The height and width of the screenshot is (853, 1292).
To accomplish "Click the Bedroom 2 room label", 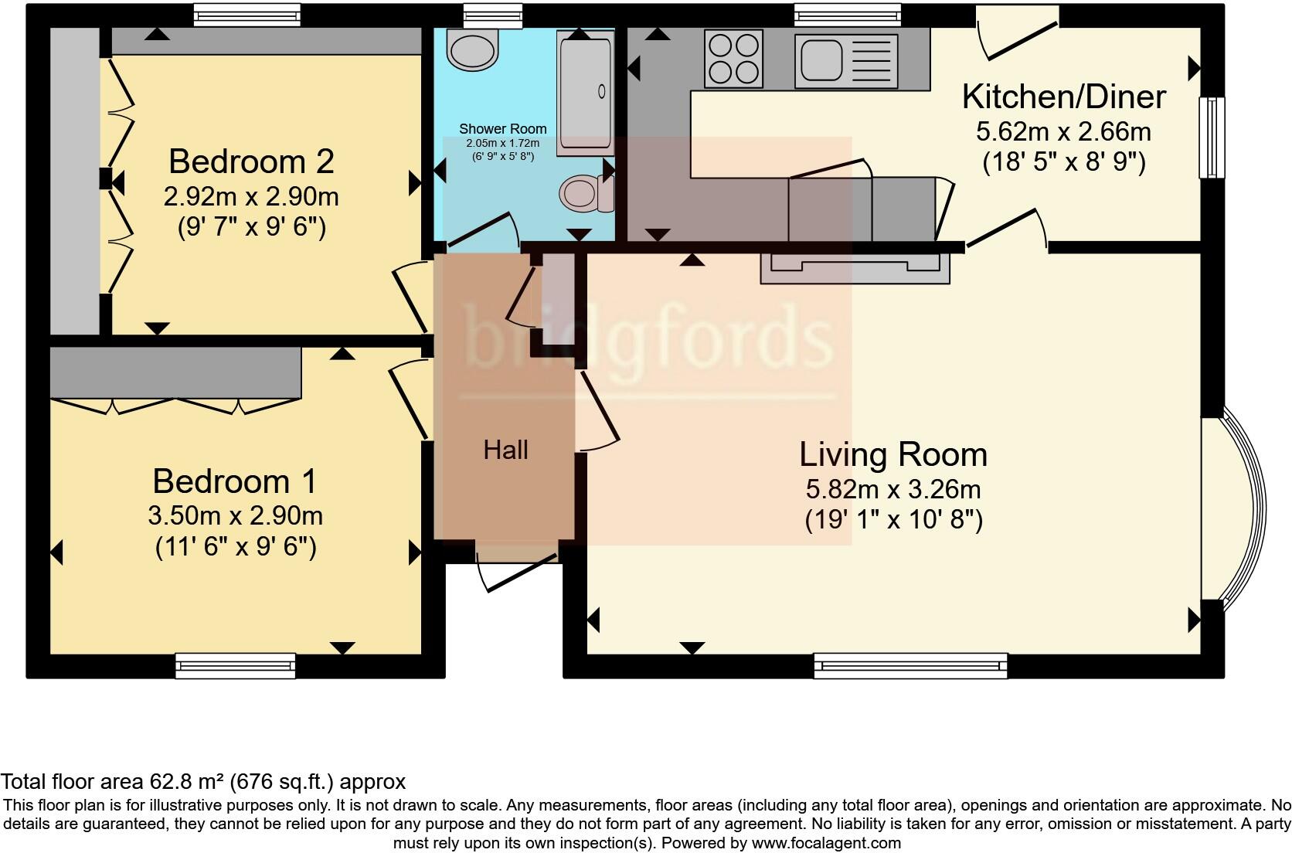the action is [x=251, y=161].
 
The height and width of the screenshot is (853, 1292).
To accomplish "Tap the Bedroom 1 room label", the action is [x=235, y=481].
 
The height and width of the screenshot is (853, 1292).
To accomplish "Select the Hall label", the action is [x=506, y=450].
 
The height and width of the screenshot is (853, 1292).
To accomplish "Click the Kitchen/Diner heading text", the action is [x=1064, y=97].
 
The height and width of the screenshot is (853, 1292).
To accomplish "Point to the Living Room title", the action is [x=893, y=454].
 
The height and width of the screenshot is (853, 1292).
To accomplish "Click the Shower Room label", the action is [x=503, y=128].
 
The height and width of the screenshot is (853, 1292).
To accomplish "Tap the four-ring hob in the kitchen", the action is [x=733, y=59].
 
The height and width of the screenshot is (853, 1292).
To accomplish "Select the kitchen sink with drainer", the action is [x=846, y=61].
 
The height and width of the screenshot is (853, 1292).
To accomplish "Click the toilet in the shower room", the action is [x=586, y=192].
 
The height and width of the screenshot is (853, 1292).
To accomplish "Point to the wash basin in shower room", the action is [x=472, y=49].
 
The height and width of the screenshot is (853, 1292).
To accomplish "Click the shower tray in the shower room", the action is [x=585, y=93].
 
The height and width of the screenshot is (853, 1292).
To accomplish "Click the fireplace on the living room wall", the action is [x=855, y=268].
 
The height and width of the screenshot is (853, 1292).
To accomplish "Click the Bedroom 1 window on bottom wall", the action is [x=236, y=665].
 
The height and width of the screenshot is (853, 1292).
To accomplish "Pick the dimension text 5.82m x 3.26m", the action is [x=893, y=490].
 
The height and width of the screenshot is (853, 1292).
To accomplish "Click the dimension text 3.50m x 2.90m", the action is [x=236, y=515].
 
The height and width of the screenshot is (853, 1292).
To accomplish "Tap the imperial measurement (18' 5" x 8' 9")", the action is [x=1064, y=162].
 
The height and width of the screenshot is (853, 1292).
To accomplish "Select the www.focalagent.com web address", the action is [x=827, y=843].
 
